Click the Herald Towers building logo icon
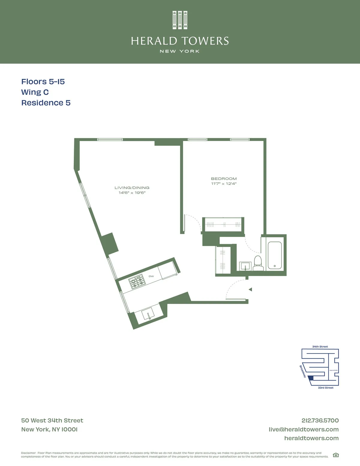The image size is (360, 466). [x=180, y=20]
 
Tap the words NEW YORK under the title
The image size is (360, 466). [x=180, y=51]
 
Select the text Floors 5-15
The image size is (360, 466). [x=43, y=82]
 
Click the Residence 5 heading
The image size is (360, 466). [x=46, y=103]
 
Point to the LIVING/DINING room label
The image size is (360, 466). [x=132, y=188]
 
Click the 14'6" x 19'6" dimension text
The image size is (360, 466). [x=132, y=193]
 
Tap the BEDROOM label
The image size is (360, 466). [x=224, y=179]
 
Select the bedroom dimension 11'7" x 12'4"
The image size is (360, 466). [x=224, y=184]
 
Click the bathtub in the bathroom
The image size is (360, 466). [x=274, y=255]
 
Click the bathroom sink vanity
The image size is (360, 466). [x=246, y=266]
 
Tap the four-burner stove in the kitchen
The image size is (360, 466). [x=137, y=282]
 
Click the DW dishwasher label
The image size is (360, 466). [x=151, y=276]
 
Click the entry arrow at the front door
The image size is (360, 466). [x=250, y=290]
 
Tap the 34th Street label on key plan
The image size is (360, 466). [x=320, y=347]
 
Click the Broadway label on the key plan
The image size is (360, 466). [x=303, y=371]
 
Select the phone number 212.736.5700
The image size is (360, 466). [x=320, y=420]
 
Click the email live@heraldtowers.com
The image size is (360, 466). [x=304, y=429]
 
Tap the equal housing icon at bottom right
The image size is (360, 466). [x=336, y=455]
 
